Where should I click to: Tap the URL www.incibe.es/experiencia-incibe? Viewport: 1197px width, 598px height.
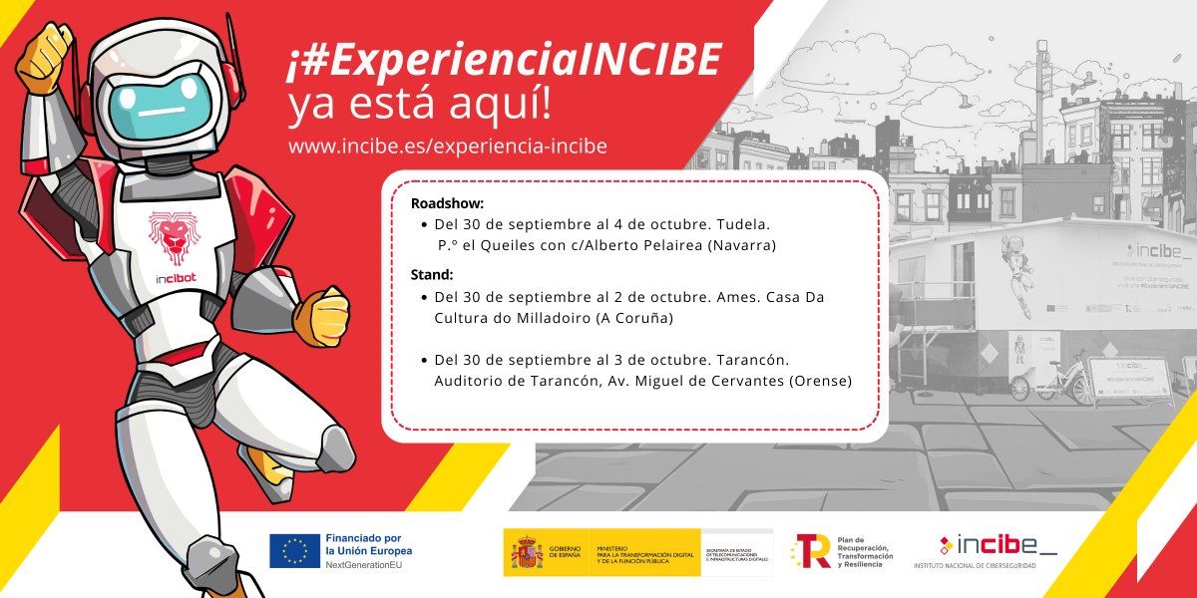pyautogui.click(x=447, y=146)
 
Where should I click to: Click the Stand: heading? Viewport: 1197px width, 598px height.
pyautogui.click(x=432, y=275)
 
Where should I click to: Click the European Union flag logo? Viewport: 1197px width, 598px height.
pyautogui.click(x=294, y=551)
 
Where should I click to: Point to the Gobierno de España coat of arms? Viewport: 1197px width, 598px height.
pyautogui.click(x=527, y=551)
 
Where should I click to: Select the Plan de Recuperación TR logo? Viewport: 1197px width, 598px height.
pyautogui.click(x=812, y=551)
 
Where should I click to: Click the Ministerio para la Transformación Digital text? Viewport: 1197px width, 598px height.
pyautogui.click(x=646, y=551)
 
